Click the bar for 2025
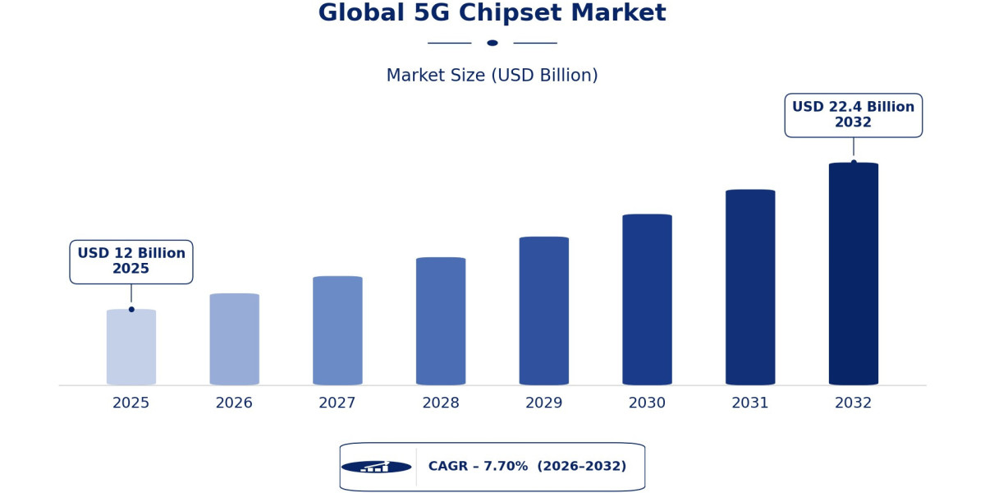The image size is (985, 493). [x=131, y=347]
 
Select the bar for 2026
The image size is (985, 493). [x=235, y=339]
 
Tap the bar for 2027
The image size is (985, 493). [x=337, y=330]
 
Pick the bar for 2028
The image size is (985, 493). [x=441, y=321]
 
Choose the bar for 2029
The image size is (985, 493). [x=544, y=311]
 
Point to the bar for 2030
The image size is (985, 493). [x=648, y=300]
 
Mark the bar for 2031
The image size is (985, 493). [x=750, y=288]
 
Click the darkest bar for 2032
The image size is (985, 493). [x=854, y=274]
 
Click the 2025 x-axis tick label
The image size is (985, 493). [x=131, y=403]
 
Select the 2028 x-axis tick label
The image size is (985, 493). [x=441, y=403]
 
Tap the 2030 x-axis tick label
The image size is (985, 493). [x=648, y=403]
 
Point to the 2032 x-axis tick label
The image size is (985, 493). [x=854, y=403]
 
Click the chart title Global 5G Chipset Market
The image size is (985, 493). [x=492, y=12]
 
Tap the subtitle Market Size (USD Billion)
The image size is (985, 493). [x=492, y=76]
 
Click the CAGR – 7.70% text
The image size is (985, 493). [x=478, y=466]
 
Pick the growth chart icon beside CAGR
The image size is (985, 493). [x=377, y=467]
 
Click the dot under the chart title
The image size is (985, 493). [x=492, y=43]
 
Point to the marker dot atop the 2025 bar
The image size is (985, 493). [x=131, y=310]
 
